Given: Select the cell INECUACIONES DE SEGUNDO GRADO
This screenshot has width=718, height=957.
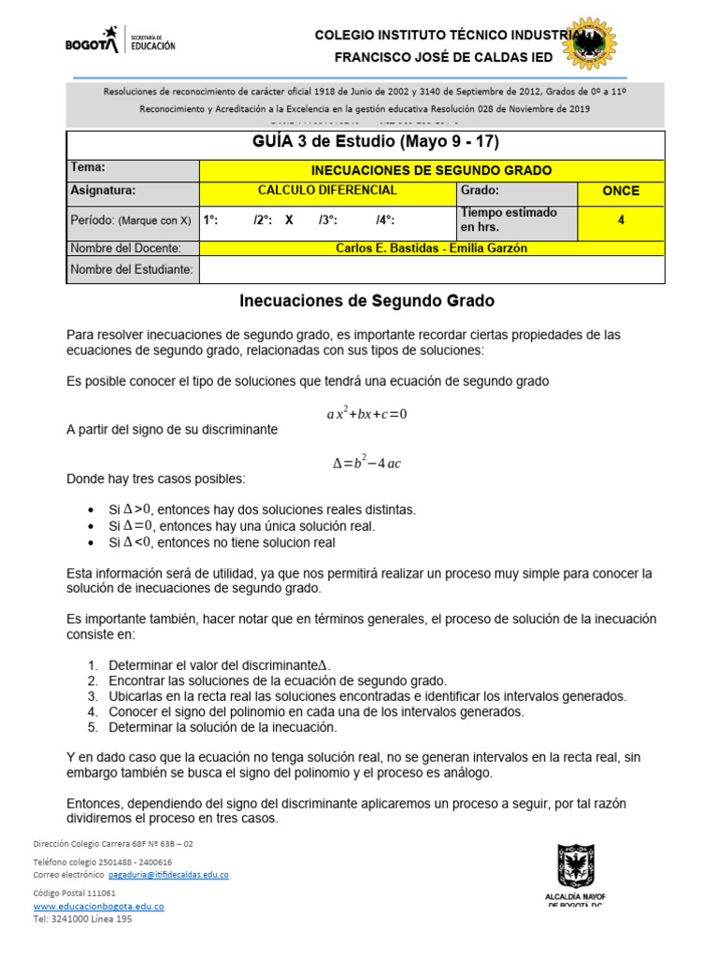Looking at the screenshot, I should [x=431, y=170].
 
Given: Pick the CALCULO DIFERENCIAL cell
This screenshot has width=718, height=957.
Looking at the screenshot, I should [x=327, y=191].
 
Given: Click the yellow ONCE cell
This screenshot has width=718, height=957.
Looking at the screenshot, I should [x=621, y=191].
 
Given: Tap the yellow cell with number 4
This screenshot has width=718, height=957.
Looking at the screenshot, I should [x=621, y=221].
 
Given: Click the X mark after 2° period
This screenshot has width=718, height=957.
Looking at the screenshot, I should [x=289, y=221].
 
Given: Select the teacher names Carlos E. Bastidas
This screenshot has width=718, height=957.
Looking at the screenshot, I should [x=431, y=249].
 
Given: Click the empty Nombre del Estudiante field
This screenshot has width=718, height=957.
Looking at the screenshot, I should [x=431, y=269].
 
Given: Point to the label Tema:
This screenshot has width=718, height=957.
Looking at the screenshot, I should [x=88, y=168].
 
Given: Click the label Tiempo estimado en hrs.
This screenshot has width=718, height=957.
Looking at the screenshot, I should [x=508, y=220].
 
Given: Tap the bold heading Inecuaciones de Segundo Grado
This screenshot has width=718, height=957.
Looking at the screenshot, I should [x=366, y=302].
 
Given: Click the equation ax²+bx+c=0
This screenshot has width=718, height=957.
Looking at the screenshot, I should [x=366, y=414].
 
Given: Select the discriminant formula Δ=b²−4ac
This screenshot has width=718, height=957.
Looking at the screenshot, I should [x=366, y=463].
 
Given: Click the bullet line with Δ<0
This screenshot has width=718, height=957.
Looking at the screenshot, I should [x=222, y=542].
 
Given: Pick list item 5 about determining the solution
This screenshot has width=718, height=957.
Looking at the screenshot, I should [x=230, y=727].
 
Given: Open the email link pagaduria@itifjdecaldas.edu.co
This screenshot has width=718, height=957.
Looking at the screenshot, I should [x=168, y=875].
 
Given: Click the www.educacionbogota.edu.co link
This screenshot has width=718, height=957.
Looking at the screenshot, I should [x=98, y=907].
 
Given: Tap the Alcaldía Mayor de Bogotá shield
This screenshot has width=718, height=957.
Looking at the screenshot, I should [x=575, y=866].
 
